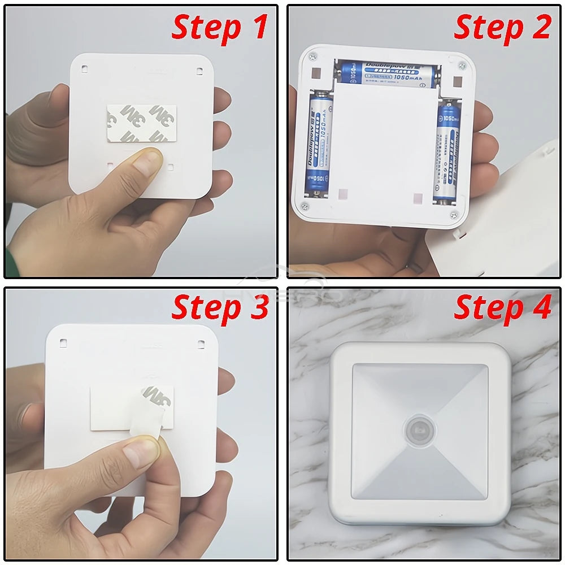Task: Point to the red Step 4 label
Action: [502, 308]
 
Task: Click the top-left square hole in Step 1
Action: [84, 69]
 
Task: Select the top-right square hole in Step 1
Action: [199, 71]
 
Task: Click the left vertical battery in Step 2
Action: [317, 144]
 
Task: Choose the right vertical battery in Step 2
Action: [447, 153]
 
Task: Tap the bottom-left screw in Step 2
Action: [305, 207]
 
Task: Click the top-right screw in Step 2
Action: [462, 66]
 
